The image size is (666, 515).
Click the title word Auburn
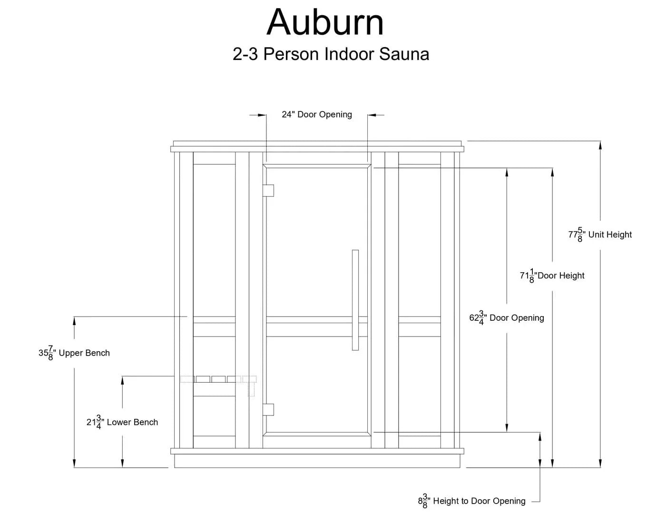[325, 22]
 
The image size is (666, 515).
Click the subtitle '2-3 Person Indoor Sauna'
[331, 54]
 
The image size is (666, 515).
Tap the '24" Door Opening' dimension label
[317, 115]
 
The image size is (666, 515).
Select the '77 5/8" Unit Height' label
[600, 235]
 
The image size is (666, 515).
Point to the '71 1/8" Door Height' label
[552, 276]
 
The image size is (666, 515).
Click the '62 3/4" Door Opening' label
[507, 318]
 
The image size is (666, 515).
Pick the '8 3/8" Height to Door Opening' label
[472, 501]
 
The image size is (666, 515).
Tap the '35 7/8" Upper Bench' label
[74, 353]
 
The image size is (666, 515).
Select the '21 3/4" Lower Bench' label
[122, 422]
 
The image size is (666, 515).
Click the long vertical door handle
[355, 300]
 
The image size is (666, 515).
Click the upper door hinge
[269, 190]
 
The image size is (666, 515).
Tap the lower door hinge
[269, 409]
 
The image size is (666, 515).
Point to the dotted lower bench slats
[218, 379]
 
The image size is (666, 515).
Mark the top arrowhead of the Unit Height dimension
[600, 146]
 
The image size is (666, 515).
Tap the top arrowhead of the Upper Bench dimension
[74, 321]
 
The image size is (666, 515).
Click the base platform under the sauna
[317, 461]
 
